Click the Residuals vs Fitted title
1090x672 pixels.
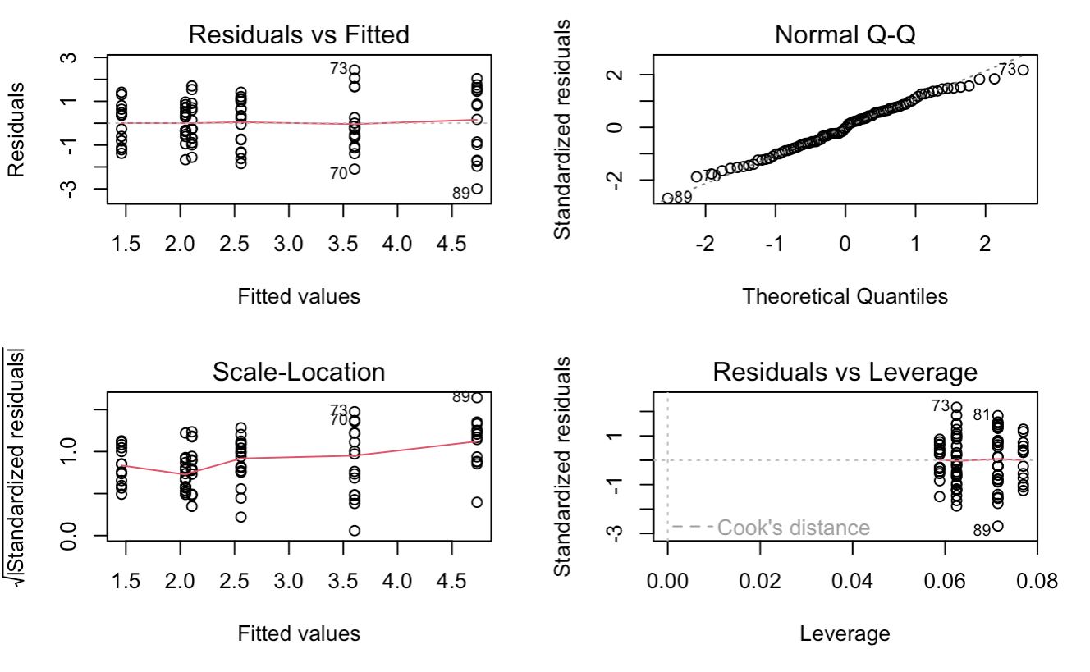tap(299, 35)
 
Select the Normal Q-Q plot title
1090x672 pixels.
tap(845, 35)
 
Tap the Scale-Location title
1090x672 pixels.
tap(299, 372)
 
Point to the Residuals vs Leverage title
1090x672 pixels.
tap(845, 372)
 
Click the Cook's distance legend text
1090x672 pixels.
tap(793, 528)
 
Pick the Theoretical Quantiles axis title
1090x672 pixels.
tap(845, 296)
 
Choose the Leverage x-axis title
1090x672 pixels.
tap(845, 633)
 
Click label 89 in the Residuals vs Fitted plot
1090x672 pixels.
tap(460, 194)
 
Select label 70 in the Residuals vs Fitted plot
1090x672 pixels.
tap(338, 174)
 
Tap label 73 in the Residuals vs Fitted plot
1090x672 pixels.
tap(338, 70)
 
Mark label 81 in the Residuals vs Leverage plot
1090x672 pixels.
tap(982, 415)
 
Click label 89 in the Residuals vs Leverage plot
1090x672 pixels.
tap(982, 530)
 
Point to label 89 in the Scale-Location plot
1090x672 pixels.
tap(460, 397)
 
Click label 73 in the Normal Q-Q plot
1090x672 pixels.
tap(1008, 69)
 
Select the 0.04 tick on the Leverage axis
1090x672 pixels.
tap(852, 582)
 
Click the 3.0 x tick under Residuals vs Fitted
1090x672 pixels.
tap(289, 245)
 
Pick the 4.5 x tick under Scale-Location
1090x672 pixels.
tap(452, 582)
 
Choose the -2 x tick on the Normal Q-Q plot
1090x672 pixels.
tap(705, 245)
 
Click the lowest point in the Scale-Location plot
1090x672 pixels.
tap(355, 531)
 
